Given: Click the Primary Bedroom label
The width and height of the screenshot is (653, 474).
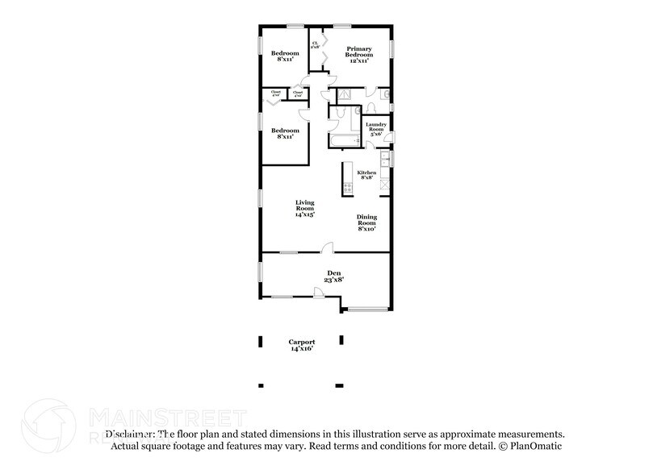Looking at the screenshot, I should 359,55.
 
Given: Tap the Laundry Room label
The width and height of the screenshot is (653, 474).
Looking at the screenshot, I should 376,129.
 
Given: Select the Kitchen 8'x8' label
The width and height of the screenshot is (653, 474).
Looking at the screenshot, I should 366,176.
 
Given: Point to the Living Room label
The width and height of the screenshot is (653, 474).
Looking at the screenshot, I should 304,208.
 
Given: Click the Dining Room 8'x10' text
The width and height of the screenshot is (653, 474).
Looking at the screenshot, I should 366,223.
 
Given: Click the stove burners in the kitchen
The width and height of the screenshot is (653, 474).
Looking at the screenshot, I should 348,188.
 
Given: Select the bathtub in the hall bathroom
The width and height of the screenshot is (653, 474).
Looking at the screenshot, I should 342,141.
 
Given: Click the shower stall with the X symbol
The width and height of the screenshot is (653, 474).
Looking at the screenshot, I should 345,94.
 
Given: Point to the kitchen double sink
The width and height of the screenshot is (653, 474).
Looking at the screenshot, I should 385,160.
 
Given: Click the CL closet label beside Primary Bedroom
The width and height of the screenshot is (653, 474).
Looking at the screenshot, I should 315,45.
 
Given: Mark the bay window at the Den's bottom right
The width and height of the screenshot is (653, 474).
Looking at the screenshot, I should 367,308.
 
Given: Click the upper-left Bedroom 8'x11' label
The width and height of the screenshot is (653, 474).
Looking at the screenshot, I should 283,56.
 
